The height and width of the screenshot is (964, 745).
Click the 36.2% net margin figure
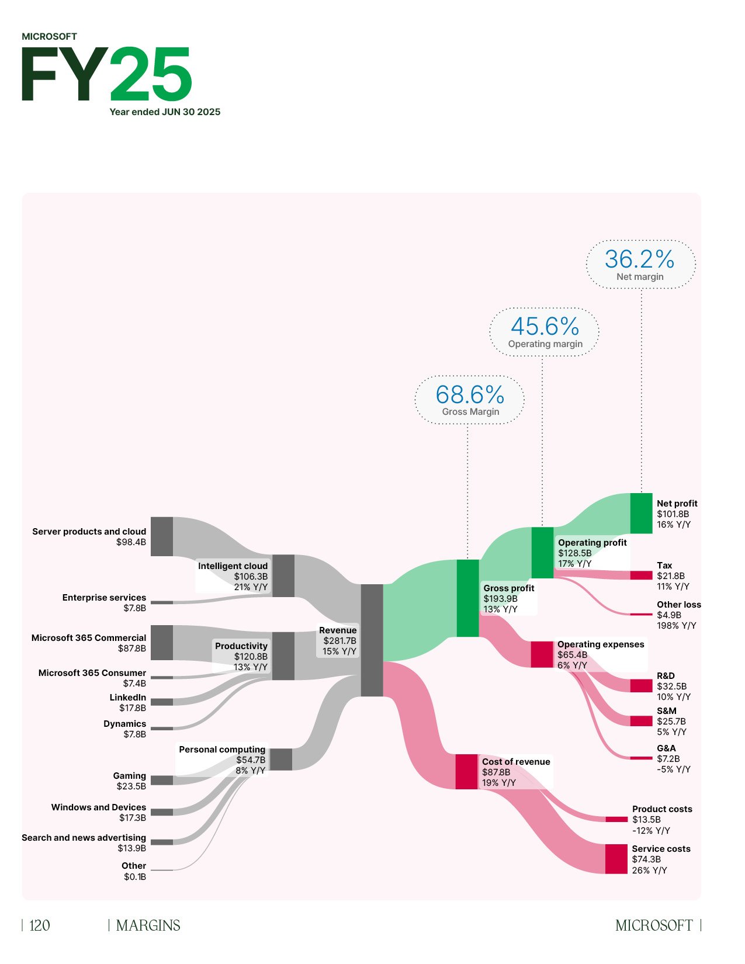640,259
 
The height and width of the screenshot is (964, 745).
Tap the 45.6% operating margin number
545,326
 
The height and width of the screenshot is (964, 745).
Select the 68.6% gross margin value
470,394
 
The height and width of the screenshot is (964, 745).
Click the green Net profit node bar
641,513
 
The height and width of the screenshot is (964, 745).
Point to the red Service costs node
616,859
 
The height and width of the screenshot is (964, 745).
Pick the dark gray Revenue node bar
372,640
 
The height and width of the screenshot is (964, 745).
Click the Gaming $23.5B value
131,786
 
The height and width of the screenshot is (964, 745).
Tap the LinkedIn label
128,698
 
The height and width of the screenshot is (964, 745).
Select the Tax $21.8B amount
671,576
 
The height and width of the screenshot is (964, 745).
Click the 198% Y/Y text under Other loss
677,626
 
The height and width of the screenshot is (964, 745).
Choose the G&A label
666,748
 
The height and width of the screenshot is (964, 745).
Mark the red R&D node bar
641,685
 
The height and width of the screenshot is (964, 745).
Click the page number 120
40,925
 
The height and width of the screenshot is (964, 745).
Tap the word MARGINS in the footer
148,925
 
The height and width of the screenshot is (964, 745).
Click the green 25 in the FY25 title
151,75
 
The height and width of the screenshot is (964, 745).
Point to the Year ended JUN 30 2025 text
165,112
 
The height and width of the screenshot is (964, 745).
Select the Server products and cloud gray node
162,536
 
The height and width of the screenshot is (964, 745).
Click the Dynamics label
124,724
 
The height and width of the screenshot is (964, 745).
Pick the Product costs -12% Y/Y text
651,831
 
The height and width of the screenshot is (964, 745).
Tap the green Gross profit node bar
467,598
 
